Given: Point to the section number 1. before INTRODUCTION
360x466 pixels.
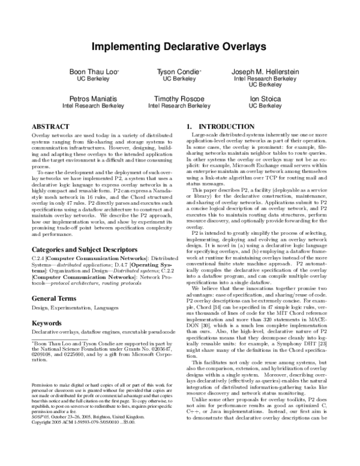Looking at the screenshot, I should [x=189, y=127].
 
